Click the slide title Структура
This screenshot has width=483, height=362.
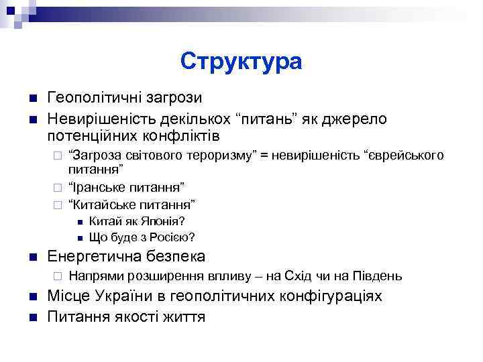[241, 62]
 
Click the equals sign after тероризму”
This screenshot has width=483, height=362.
[264, 156]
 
